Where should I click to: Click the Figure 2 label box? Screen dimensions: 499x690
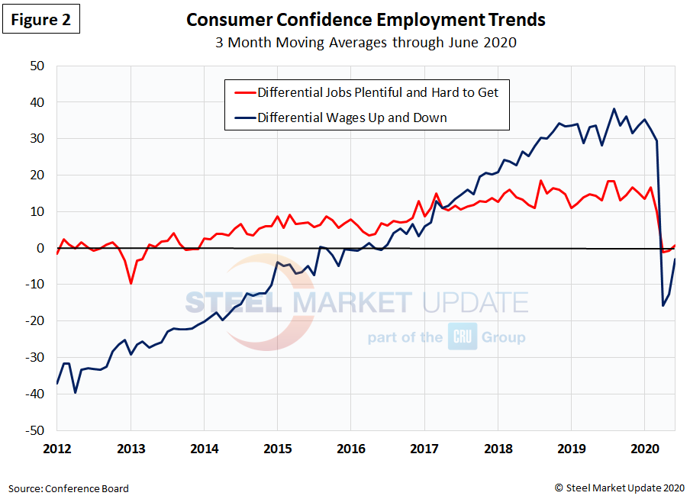point(44,20)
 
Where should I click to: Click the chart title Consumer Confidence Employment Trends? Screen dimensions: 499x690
point(366,19)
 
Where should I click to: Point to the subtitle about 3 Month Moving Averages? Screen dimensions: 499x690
point(366,42)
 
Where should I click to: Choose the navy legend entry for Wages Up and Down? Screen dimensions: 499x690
point(352,117)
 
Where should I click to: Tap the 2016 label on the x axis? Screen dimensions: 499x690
point(350,448)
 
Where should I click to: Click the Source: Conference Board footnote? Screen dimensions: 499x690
point(69,488)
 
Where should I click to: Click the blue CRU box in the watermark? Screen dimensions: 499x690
point(463,336)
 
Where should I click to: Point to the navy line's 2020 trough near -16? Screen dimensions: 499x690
point(663,306)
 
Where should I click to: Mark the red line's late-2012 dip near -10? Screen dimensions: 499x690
point(131,284)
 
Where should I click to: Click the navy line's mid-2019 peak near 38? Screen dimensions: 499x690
point(614,109)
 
